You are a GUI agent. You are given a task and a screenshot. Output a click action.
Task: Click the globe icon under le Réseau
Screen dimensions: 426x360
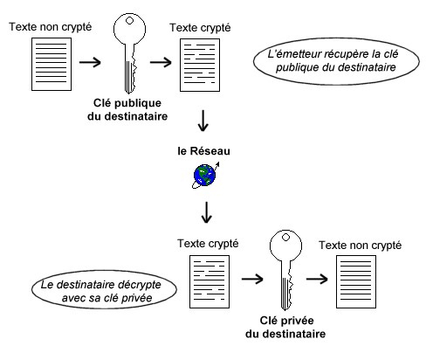205,176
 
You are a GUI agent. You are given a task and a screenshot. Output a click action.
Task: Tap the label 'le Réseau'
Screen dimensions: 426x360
203,151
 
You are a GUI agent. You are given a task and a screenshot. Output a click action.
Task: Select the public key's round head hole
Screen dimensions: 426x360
129,21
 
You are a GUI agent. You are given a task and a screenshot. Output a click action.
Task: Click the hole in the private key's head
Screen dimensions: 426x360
285,238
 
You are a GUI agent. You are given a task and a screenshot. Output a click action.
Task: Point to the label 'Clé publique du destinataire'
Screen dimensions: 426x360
127,109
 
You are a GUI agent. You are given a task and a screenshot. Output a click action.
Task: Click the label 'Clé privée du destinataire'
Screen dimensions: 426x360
285,327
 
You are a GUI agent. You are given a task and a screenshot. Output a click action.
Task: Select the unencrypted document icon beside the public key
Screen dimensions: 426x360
52,64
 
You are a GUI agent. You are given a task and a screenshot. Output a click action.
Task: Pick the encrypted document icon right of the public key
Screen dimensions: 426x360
200,65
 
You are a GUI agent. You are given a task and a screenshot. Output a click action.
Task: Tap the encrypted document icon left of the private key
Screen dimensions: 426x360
210,281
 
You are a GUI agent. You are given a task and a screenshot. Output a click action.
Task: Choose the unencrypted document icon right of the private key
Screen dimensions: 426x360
356,281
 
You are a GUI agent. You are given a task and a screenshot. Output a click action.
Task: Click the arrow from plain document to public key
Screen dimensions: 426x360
90,62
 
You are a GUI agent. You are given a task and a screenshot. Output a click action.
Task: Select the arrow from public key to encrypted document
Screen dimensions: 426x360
161,62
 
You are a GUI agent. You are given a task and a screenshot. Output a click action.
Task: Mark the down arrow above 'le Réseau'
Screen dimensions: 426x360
203,121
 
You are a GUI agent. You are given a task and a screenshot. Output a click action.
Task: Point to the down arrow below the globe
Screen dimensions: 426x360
207,212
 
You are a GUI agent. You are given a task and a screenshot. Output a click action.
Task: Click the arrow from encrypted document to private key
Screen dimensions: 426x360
252,279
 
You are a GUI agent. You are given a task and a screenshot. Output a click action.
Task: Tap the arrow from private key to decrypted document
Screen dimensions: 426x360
317,279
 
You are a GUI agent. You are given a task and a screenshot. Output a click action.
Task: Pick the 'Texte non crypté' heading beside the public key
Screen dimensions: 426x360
51,27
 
